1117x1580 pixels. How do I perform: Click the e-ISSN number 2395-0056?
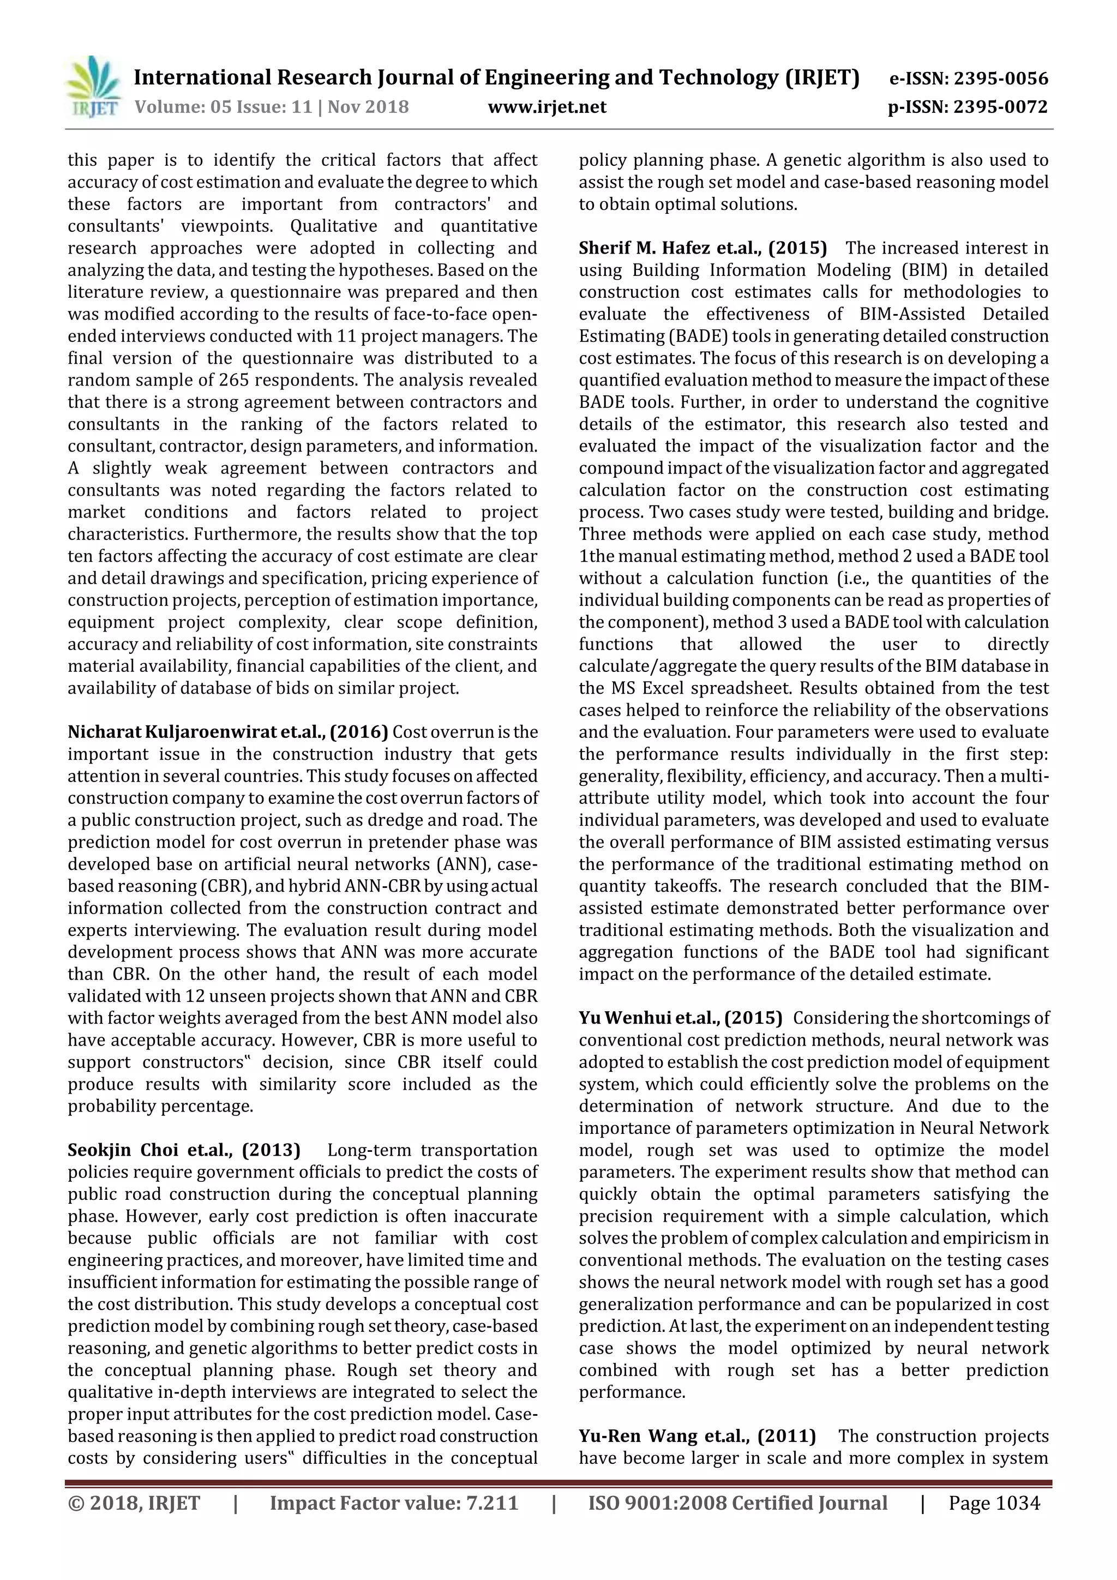click(1000, 79)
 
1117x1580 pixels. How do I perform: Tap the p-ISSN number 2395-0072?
click(1000, 107)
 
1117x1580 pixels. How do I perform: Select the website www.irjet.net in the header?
click(547, 107)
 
